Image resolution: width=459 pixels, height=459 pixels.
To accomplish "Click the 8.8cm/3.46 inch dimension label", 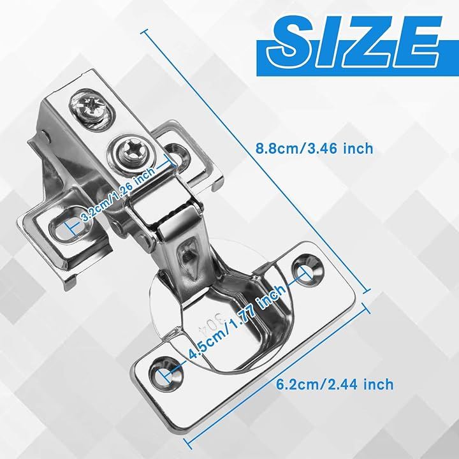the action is [314, 149].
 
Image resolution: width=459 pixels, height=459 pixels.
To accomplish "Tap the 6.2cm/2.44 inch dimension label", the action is [335, 384].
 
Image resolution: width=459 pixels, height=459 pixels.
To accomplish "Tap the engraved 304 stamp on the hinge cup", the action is [213, 324].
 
